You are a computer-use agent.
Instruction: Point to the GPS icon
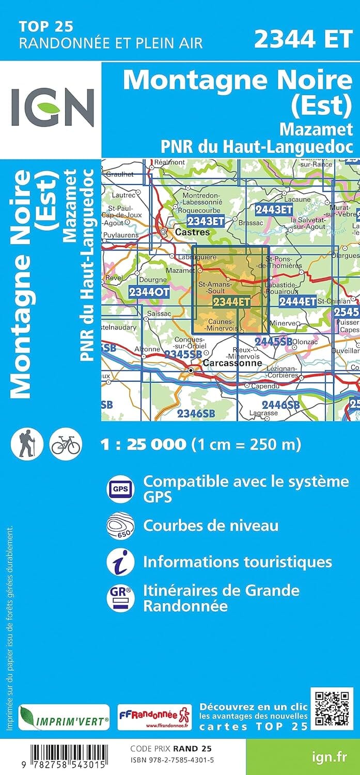120,488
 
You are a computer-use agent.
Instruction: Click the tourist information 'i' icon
120,562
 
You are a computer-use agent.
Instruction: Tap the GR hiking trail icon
120,597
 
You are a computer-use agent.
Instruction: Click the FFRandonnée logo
154,718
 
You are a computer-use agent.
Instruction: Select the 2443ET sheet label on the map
274,209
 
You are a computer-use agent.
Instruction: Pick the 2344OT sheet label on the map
149,292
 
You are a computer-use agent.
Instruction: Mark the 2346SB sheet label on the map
195,413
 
